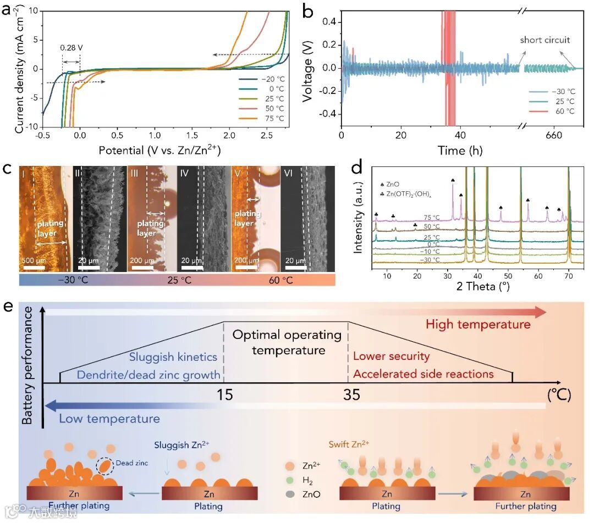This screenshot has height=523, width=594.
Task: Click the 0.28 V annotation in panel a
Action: point(71,47)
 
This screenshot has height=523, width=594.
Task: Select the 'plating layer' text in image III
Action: point(150,228)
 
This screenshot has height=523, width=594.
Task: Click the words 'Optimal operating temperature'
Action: point(286,342)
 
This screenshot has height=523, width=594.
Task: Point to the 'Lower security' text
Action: point(391,356)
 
